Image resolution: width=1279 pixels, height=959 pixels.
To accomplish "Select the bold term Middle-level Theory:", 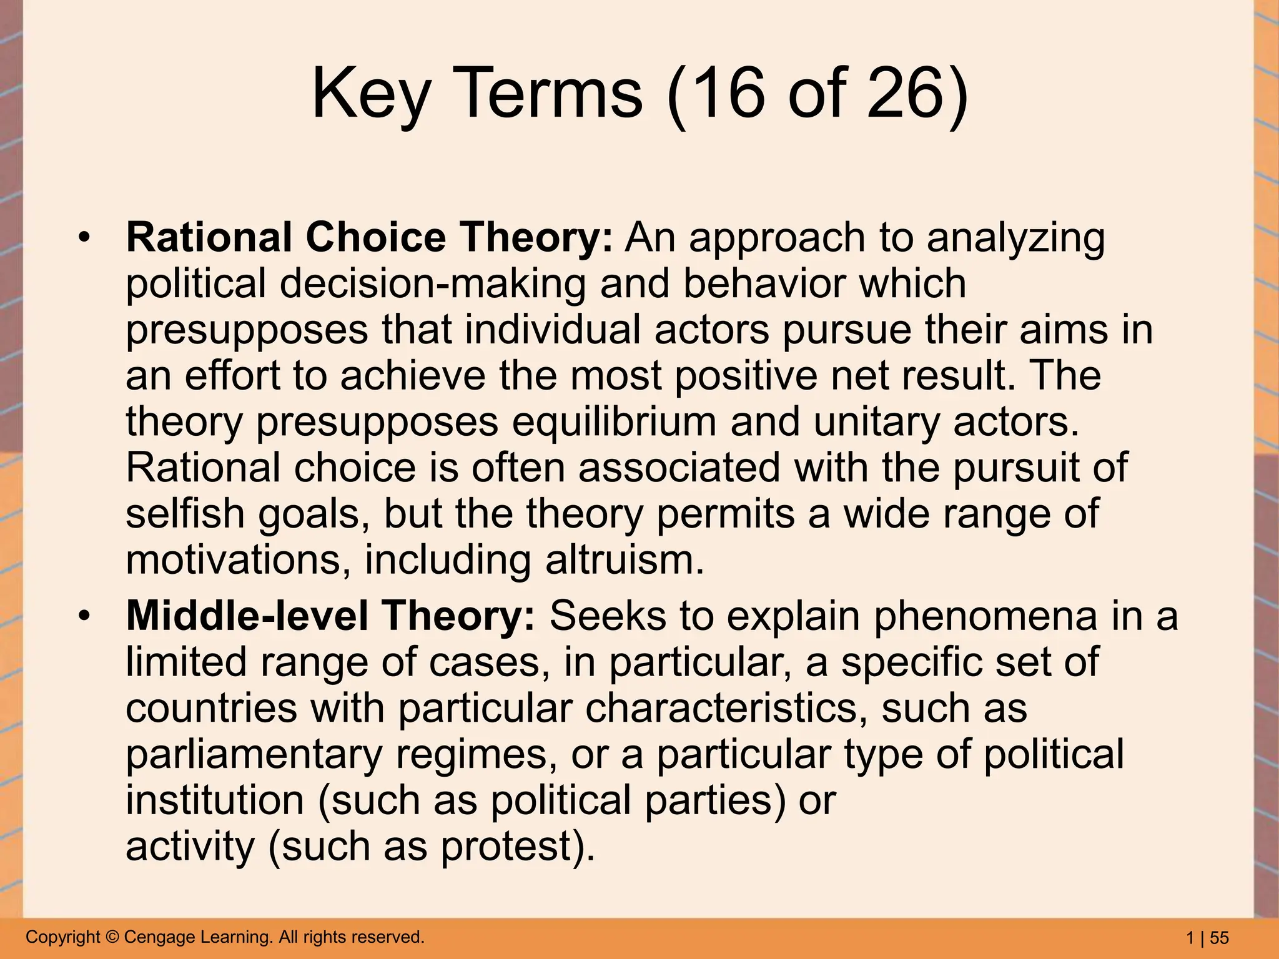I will tap(330, 616).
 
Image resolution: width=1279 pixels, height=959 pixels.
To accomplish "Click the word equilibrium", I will tap(614, 423).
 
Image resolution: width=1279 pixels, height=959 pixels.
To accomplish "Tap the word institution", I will tap(214, 801).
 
